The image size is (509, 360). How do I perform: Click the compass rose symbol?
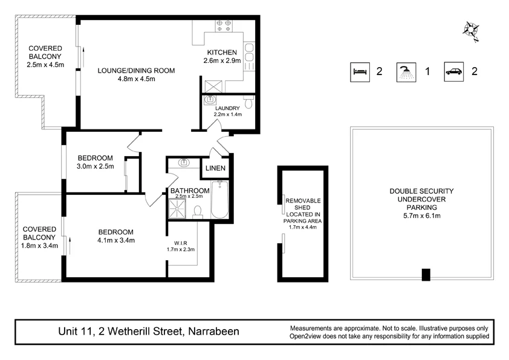(x=470, y=31)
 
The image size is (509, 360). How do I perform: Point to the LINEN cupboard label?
(x=216, y=168)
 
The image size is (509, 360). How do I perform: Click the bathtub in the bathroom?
(x=219, y=200)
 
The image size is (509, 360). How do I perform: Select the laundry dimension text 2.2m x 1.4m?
(x=227, y=114)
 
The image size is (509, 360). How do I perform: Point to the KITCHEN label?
(x=221, y=52)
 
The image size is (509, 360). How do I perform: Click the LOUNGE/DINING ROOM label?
(x=136, y=71)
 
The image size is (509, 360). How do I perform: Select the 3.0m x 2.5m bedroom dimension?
(x=95, y=167)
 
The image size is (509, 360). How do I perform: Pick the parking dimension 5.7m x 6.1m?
(x=421, y=216)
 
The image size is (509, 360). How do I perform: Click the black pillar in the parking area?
(x=426, y=274)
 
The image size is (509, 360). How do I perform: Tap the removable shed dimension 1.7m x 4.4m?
(x=302, y=227)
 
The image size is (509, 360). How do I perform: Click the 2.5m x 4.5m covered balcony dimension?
(x=37, y=65)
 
